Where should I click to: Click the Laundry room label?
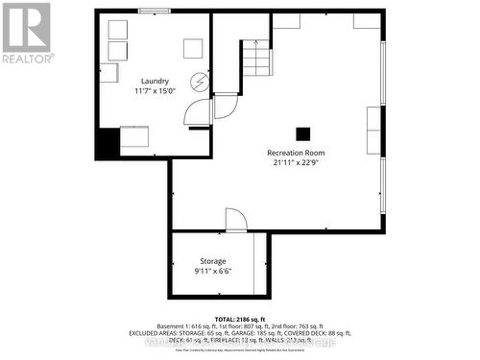155,81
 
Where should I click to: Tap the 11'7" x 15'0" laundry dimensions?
155,92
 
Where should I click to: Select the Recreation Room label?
296,153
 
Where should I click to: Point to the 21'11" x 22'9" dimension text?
296,163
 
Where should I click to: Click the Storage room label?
213,261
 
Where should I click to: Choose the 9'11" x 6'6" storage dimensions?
213,272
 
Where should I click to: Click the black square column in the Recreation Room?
303,134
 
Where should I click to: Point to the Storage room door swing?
236,221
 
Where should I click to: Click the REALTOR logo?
26,32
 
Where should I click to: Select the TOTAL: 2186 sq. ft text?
240,318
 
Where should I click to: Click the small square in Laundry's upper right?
193,48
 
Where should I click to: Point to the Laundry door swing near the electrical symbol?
199,113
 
